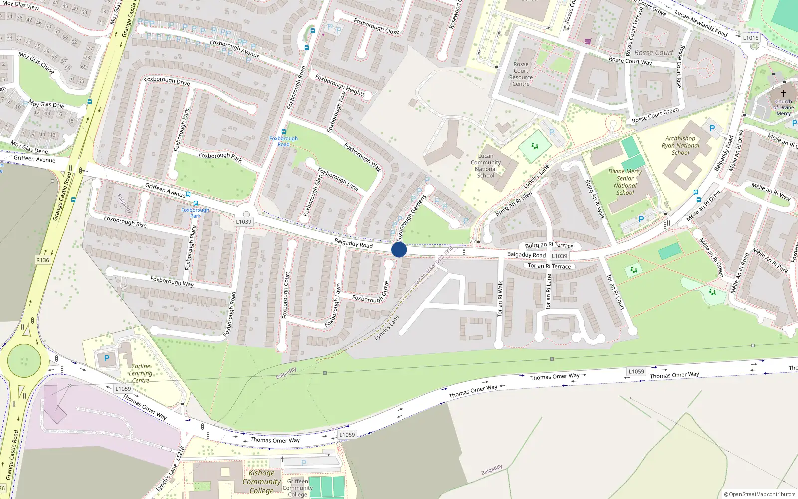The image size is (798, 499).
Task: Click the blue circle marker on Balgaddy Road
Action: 399,249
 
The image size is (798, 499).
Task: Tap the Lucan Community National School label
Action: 486,166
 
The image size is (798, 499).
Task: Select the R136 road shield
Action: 43,260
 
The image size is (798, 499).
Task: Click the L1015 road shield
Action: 750,38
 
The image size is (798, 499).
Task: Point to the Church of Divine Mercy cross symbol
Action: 783,93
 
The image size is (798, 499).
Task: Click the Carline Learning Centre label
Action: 140,373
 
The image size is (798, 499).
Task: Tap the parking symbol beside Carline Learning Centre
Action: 106,358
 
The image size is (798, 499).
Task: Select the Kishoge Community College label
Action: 261,482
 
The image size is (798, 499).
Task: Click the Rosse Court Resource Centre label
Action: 521,74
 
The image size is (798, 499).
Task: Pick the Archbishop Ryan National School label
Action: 680,146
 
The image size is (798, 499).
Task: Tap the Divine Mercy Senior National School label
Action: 625,182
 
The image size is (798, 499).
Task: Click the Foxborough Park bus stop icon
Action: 195,203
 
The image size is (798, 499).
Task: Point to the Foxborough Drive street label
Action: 167,81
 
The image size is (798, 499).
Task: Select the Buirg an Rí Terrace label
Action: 549,245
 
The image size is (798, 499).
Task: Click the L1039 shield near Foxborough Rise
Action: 244,222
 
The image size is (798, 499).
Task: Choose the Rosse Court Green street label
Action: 655,115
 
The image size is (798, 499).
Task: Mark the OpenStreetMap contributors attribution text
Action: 759,494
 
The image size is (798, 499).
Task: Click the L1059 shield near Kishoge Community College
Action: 347,435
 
